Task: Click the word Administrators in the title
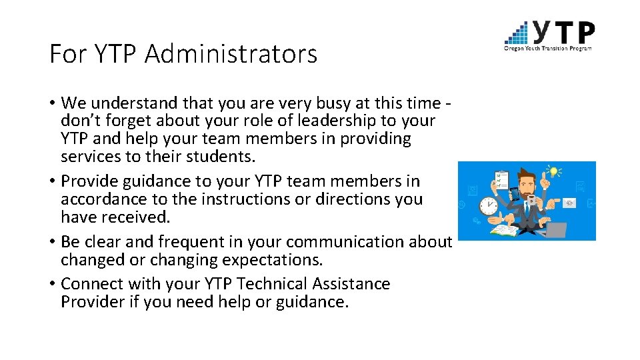click(231, 54)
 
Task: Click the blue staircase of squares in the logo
click(517, 33)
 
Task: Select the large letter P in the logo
click(584, 32)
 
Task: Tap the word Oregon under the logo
click(514, 47)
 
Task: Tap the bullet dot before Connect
click(53, 285)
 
